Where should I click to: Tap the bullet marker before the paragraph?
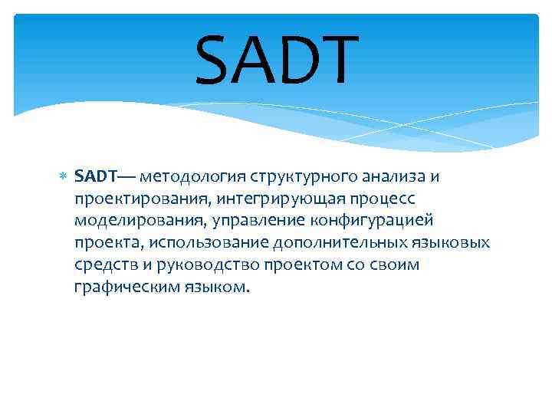tap(64, 177)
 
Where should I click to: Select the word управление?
tap(260, 222)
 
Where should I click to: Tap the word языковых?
tap(449, 244)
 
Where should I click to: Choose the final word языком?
tap(213, 288)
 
